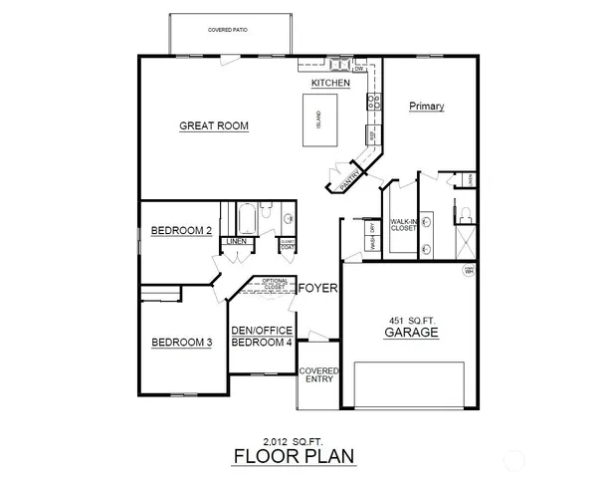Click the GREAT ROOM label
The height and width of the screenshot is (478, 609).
tap(214, 125)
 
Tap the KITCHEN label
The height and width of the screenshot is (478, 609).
tap(330, 84)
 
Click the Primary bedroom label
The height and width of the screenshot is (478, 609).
tap(426, 107)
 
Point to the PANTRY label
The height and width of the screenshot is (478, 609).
tap(349, 178)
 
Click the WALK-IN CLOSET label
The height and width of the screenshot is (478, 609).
tap(403, 225)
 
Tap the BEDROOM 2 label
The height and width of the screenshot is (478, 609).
tap(182, 231)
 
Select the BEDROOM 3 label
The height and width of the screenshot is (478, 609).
tap(182, 344)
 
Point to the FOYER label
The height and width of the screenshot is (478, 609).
tap(318, 289)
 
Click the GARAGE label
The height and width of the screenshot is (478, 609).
tap(412, 334)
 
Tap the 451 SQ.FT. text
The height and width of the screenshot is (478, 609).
tap(412, 319)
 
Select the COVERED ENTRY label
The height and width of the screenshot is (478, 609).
tap(318, 375)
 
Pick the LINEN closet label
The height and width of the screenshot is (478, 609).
tap(236, 241)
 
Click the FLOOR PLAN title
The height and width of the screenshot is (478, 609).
tap(292, 457)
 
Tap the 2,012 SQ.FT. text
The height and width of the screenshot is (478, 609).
tap(291, 439)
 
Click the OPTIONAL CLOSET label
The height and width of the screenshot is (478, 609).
tap(276, 285)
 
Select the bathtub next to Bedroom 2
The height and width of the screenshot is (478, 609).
tap(246, 217)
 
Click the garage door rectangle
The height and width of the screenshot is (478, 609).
tap(410, 385)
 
